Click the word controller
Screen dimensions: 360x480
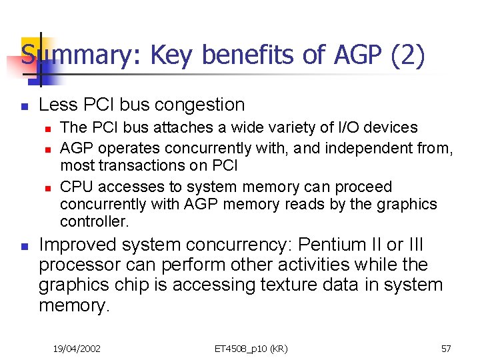coord(93,221)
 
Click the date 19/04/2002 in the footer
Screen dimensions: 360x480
coord(77,348)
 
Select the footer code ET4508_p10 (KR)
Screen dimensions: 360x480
coord(251,348)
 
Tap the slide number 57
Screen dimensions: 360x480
coord(446,348)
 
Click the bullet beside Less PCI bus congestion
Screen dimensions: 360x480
coord(23,105)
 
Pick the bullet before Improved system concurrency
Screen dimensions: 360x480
coord(23,247)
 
